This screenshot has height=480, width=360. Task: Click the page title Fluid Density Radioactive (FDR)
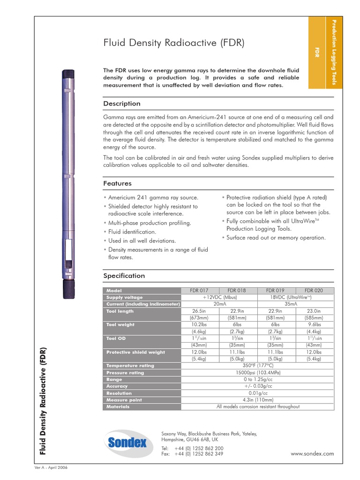click(x=173, y=44)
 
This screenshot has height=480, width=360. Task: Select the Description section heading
click(x=121, y=104)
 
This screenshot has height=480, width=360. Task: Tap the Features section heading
click(x=117, y=183)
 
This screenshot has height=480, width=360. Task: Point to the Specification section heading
click(x=124, y=276)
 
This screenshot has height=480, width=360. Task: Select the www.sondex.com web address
click(x=312, y=453)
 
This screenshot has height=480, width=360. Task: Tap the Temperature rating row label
click(x=130, y=366)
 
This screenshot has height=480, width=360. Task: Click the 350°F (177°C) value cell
click(x=258, y=366)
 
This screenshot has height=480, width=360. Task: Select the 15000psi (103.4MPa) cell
click(x=258, y=373)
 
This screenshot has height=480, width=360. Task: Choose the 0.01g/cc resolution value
click(x=258, y=393)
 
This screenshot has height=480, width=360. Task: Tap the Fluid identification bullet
click(x=132, y=232)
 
